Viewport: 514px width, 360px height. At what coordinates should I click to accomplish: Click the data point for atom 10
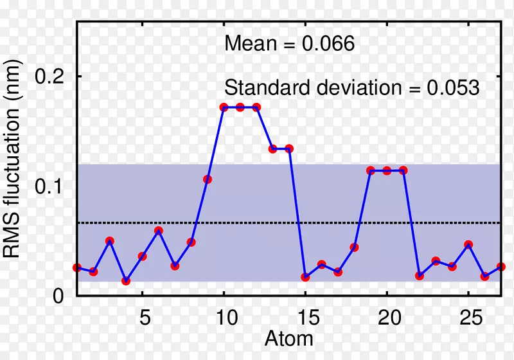[224, 107]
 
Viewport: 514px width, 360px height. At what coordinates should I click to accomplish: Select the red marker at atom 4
[126, 281]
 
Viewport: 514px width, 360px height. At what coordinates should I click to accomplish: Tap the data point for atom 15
[306, 277]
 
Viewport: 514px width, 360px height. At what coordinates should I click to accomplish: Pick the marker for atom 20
[387, 170]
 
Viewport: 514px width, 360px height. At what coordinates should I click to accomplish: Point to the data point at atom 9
[208, 179]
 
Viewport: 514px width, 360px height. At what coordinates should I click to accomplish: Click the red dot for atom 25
[468, 245]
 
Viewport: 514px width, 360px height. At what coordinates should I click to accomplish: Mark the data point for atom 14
[289, 148]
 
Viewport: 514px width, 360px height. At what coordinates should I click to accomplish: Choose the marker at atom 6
[159, 231]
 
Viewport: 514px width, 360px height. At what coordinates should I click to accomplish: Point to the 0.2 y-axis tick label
[49, 76]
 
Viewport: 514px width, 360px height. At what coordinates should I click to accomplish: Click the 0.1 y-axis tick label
[49, 186]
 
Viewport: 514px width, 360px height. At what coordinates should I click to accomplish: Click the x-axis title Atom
[288, 339]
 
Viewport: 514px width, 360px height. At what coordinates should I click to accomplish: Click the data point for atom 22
[420, 276]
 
